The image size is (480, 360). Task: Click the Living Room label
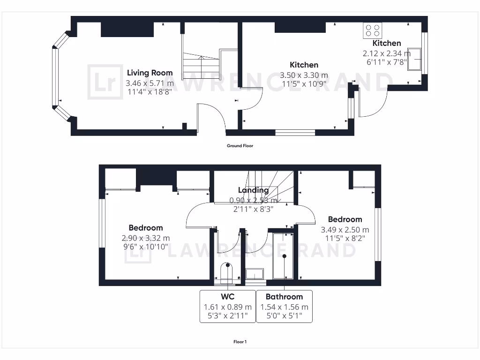tap(150, 73)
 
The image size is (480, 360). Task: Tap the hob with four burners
tap(373, 30)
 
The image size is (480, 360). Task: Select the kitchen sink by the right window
tap(414, 59)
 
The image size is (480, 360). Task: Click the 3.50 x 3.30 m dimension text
tap(304, 75)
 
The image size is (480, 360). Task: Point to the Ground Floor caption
tap(240, 146)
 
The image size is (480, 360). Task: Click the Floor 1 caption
tap(240, 342)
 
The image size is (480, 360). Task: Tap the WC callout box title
tap(227, 297)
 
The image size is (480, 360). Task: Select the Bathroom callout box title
tap(284, 297)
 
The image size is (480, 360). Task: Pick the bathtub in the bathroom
tap(283, 256)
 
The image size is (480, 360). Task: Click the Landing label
tap(253, 190)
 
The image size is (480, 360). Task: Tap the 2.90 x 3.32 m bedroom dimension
tap(146, 238)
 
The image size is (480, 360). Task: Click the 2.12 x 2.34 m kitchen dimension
tap(386, 53)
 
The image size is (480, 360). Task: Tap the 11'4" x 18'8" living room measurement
tap(150, 92)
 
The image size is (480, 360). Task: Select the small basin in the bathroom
tap(255, 274)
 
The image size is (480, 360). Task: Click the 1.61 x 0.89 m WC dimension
tap(227, 307)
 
